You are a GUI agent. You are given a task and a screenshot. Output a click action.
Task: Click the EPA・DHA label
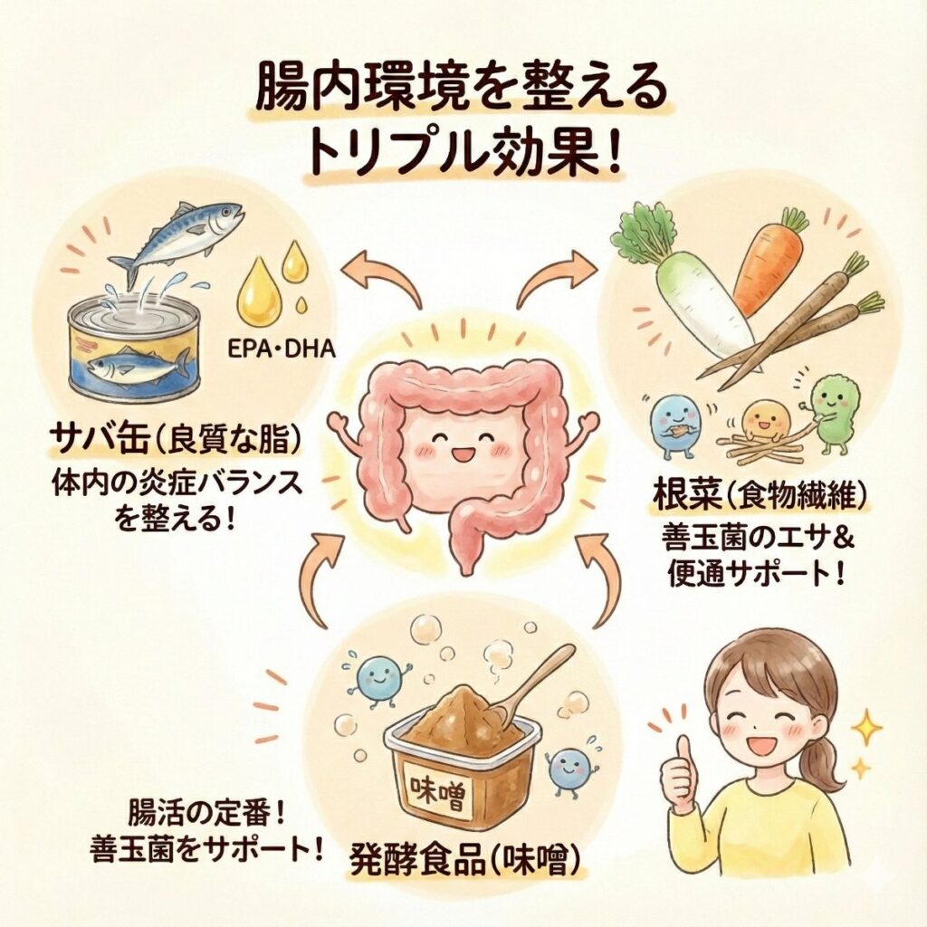coord(282,349)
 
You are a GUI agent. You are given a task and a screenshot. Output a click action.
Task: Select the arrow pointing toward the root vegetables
coord(553,277)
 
